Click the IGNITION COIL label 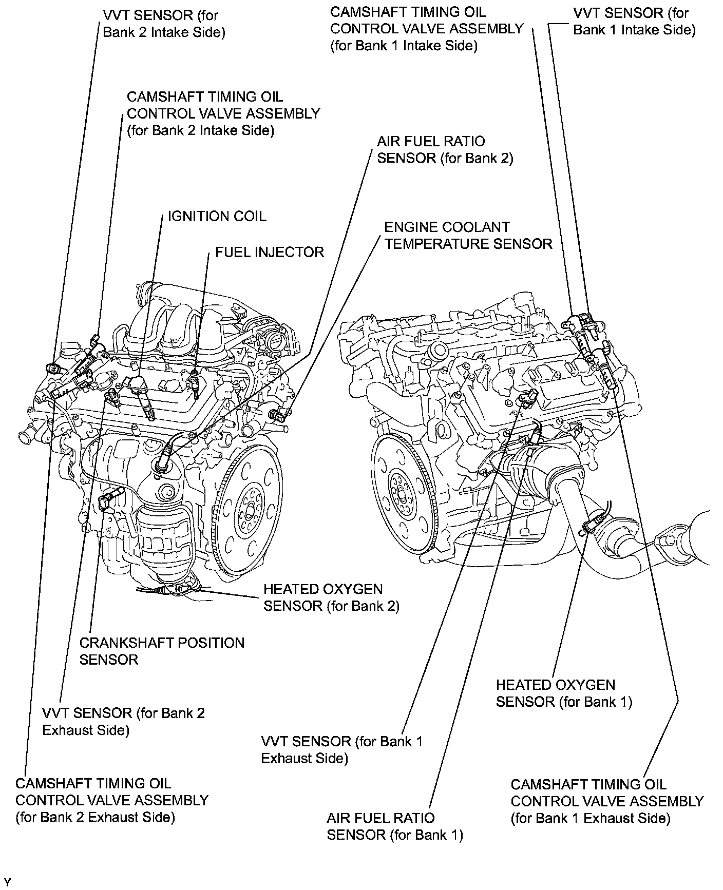217,216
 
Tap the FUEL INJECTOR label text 269,252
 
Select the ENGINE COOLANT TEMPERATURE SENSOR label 468,236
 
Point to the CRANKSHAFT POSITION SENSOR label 162,651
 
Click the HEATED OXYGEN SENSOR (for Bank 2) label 331,597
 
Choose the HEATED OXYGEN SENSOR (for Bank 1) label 563,693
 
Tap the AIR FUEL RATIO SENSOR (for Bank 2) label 445,149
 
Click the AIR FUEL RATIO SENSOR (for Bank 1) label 394,826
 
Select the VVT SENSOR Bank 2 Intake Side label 164,24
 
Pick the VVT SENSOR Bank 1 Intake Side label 634,21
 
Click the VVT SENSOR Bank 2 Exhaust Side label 123,721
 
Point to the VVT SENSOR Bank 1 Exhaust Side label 341,749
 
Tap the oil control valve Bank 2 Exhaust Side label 112,800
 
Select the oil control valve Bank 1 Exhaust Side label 607,801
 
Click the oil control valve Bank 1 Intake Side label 426,29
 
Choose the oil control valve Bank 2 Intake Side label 223,113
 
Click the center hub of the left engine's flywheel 250,508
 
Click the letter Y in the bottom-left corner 7,882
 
